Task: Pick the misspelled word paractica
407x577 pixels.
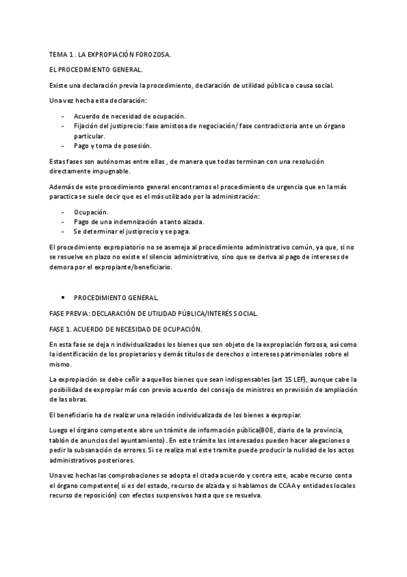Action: [66, 196]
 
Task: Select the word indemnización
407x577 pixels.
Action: [139, 222]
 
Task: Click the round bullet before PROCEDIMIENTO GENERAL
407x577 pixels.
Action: [63, 298]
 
